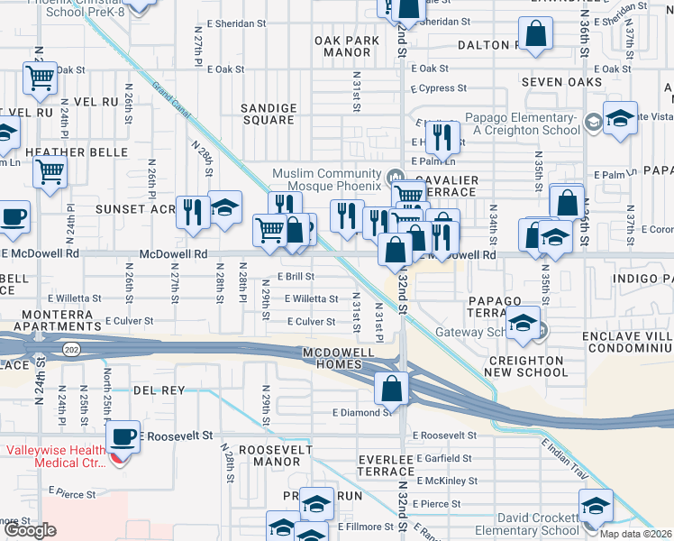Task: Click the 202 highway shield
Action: (68, 348)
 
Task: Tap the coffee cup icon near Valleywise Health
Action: (123, 437)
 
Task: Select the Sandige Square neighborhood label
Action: (269, 113)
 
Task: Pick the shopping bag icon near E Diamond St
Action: (393, 390)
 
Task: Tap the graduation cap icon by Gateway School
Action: (522, 325)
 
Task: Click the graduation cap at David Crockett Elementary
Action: (596, 506)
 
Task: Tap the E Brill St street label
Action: (295, 277)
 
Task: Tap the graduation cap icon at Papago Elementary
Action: (620, 118)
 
